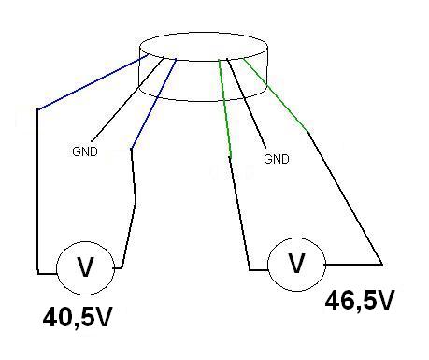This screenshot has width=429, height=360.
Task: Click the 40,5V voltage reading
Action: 78,318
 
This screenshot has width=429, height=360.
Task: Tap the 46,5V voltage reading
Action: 360,300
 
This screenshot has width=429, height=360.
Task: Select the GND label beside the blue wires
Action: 85,151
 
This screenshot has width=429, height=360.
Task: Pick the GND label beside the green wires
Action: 277,159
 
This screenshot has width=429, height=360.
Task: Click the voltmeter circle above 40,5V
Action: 85,241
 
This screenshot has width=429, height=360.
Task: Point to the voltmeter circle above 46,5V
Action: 296,238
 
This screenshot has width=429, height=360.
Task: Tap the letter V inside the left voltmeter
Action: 85,267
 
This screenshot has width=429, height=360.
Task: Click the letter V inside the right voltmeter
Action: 296,264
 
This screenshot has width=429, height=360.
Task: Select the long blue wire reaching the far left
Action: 93,82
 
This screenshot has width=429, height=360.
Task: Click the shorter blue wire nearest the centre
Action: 154,104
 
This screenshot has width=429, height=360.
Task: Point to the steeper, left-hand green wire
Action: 225,108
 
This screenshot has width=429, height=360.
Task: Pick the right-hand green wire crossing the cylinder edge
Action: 276,94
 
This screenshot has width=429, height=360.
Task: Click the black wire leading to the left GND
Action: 128,98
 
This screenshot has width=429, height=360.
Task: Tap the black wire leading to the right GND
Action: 246,103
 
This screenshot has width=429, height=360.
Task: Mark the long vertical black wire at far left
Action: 37,192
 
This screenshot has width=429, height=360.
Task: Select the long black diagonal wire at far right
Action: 345,198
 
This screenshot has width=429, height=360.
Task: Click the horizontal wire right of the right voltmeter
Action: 353,265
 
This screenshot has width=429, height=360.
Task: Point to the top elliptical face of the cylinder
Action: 204,33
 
